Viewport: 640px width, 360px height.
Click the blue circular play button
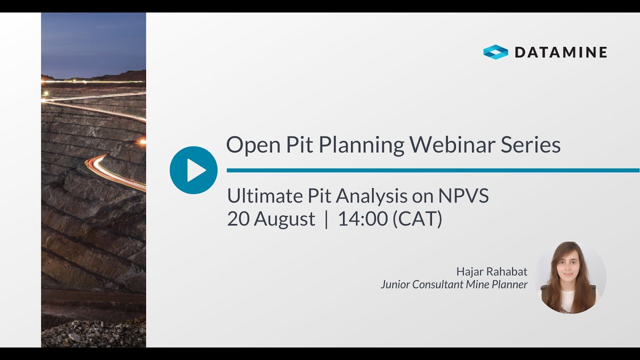click(193, 170)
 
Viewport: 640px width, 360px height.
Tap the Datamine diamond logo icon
click(495, 52)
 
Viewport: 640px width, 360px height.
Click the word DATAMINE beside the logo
click(560, 52)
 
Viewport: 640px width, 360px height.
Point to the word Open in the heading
click(252, 145)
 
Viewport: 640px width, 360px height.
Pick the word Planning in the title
click(361, 145)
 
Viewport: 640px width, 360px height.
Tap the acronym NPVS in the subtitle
click(463, 196)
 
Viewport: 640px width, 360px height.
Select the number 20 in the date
click(238, 219)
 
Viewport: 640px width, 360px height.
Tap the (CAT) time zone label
click(417, 219)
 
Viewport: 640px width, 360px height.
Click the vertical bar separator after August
click(326, 219)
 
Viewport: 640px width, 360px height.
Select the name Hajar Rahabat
click(491, 271)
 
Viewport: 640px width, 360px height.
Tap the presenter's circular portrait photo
click(570, 277)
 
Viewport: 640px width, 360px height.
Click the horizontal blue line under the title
click(433, 170)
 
